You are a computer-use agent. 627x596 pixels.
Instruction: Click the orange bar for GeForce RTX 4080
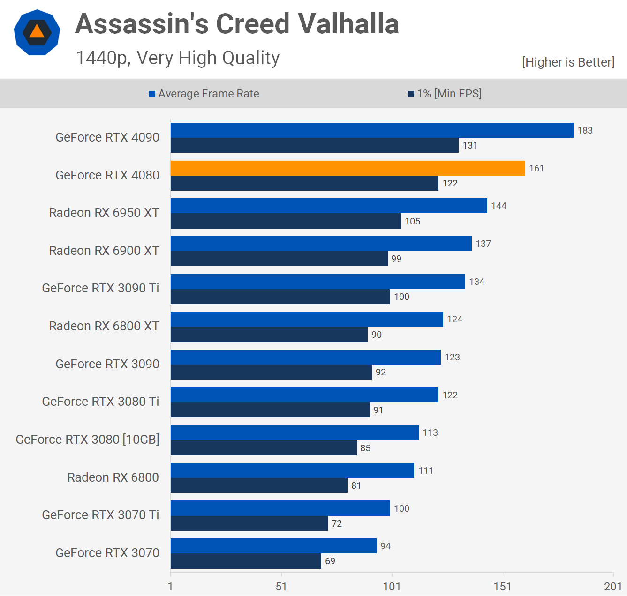click(347, 168)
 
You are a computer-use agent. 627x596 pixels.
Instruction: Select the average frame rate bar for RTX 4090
click(372, 130)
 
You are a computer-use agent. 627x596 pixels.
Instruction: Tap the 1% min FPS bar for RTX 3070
click(246, 561)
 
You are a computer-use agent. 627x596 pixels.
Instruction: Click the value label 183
click(585, 130)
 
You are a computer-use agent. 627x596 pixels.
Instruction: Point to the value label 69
click(330, 561)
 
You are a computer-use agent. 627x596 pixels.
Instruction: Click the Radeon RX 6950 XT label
click(104, 213)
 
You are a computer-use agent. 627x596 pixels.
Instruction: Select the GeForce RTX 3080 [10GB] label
click(88, 440)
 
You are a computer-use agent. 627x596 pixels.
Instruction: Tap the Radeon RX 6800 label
click(113, 477)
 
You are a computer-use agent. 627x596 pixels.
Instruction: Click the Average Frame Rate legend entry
click(204, 94)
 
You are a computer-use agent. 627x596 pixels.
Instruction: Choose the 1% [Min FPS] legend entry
click(445, 94)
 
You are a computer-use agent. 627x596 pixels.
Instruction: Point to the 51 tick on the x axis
click(281, 586)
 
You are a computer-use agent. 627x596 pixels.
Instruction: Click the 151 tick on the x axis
click(502, 586)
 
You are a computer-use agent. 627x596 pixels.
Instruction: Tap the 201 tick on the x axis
click(613, 586)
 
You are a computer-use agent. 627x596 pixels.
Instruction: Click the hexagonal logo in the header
click(37, 32)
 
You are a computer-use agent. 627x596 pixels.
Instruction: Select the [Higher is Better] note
click(568, 62)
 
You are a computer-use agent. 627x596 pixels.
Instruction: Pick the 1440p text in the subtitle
click(103, 58)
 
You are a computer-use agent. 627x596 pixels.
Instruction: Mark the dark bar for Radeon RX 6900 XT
click(279, 259)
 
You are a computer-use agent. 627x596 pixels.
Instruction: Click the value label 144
click(499, 206)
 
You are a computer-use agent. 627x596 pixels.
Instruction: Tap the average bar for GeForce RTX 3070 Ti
click(280, 508)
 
